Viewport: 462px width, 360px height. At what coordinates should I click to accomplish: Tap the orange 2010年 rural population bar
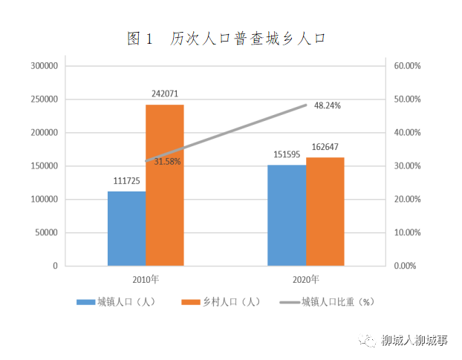point(164,186)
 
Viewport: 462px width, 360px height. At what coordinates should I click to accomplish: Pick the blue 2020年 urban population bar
point(287,215)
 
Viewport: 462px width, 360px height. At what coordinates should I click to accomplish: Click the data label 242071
point(164,94)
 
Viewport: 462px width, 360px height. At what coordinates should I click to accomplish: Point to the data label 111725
point(126,181)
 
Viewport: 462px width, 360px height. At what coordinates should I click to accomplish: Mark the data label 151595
point(286,154)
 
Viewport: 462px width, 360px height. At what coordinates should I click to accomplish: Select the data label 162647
point(325,147)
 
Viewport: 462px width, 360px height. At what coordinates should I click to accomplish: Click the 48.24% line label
point(328,106)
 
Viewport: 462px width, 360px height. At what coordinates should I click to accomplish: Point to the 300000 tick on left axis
point(44,66)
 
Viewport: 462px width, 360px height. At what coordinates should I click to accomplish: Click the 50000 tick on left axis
point(46,232)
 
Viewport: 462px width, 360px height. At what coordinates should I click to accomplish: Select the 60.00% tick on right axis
point(409,66)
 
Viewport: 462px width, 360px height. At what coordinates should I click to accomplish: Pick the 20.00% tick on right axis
point(409,199)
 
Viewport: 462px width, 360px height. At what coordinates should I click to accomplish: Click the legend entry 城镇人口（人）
point(116,302)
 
